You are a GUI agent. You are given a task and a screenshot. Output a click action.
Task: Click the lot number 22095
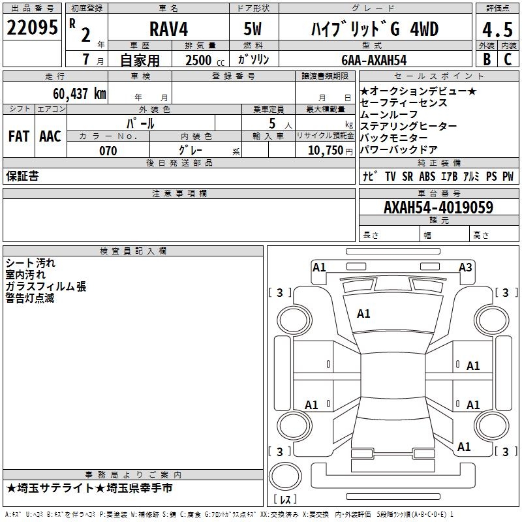[32, 28]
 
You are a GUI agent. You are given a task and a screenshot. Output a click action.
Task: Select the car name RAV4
[167, 30]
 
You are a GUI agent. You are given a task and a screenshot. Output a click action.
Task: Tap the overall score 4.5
[497, 30]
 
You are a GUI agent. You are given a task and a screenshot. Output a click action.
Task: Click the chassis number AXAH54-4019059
[438, 207]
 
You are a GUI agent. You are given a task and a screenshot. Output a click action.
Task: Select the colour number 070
[108, 151]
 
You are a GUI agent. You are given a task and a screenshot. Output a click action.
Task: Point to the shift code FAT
[18, 136]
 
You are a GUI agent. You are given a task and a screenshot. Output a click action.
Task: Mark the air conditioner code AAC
[50, 136]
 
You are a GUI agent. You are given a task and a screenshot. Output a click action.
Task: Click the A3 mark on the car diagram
[465, 267]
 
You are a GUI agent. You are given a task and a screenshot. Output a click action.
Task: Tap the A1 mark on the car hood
[363, 314]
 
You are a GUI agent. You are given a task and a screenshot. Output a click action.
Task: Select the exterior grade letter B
[486, 59]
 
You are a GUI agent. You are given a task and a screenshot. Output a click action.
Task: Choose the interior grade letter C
[508, 59]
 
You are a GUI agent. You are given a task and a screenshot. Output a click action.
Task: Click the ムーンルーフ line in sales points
[389, 114]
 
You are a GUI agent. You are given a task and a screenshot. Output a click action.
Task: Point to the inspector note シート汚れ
[31, 263]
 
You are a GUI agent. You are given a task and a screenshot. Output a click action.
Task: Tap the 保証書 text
[22, 176]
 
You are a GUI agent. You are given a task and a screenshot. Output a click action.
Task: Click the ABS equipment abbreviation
[427, 176]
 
